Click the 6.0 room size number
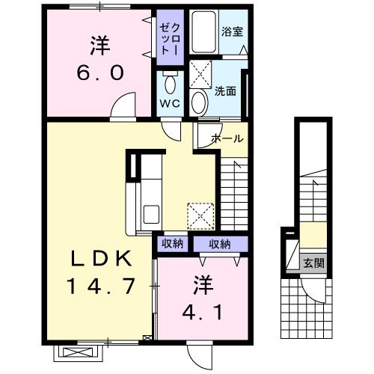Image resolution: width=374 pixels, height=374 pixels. (x=100, y=73)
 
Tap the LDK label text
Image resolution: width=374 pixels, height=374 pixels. (x=102, y=258)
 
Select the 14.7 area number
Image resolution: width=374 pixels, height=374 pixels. (x=101, y=286)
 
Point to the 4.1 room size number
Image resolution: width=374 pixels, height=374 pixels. (x=203, y=311)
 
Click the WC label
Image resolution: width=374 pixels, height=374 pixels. (x=170, y=103)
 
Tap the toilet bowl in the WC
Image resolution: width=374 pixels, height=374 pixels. (x=171, y=85)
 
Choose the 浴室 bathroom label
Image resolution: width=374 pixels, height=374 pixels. (x=232, y=31)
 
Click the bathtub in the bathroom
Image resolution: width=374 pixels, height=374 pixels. (x=204, y=31)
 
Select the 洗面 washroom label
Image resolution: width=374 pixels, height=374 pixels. (x=225, y=91)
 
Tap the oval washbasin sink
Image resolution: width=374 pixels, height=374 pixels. (x=200, y=102)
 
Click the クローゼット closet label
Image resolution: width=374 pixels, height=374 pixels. (x=170, y=39)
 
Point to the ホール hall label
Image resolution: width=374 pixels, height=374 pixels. (x=227, y=138)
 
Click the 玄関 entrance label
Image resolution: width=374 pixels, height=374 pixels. (x=314, y=263)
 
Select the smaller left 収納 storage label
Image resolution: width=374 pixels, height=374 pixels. (x=172, y=244)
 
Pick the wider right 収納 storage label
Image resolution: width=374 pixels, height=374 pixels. (x=220, y=245)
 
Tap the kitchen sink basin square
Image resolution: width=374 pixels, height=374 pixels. (x=151, y=214)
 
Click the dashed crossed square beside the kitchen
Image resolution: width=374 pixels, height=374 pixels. (x=200, y=216)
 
